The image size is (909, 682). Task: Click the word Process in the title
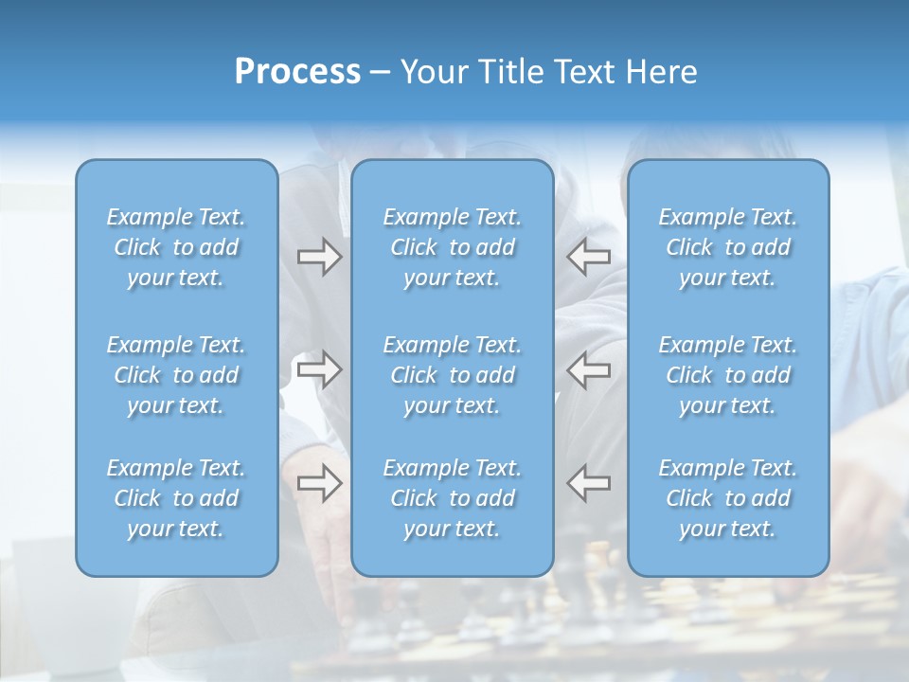click(x=297, y=72)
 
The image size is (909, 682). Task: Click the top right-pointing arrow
click(x=319, y=257)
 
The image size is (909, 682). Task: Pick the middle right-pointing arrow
click(x=319, y=369)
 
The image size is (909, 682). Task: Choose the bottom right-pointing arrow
click(x=319, y=482)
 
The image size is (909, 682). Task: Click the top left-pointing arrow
click(x=589, y=257)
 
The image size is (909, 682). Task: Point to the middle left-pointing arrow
click(x=589, y=369)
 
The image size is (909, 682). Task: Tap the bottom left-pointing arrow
click(x=589, y=482)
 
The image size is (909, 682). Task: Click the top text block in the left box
click(x=176, y=247)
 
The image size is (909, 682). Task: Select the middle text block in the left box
click(x=176, y=375)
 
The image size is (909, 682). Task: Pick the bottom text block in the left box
click(x=176, y=498)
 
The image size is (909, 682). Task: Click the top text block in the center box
click(x=453, y=247)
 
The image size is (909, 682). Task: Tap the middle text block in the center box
click(x=453, y=375)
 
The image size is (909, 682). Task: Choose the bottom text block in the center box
click(x=453, y=498)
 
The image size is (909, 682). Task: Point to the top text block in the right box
click(x=728, y=247)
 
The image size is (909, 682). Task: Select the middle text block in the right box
click(x=728, y=375)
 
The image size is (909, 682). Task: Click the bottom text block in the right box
click(x=728, y=498)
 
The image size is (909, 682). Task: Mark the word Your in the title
click(x=431, y=72)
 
